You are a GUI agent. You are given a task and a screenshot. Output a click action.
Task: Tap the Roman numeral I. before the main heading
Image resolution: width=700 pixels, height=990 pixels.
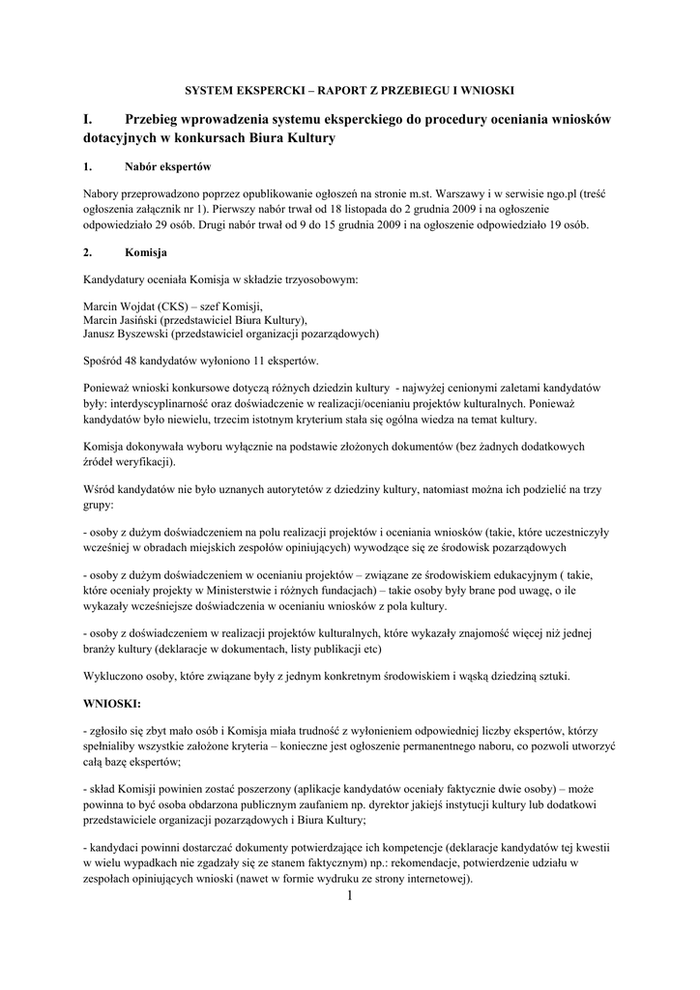(x=88, y=119)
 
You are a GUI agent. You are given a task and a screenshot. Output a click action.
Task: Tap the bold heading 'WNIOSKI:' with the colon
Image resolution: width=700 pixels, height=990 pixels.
(x=112, y=703)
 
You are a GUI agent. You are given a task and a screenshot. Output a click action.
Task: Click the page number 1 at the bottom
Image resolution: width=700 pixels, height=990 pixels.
(x=350, y=898)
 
